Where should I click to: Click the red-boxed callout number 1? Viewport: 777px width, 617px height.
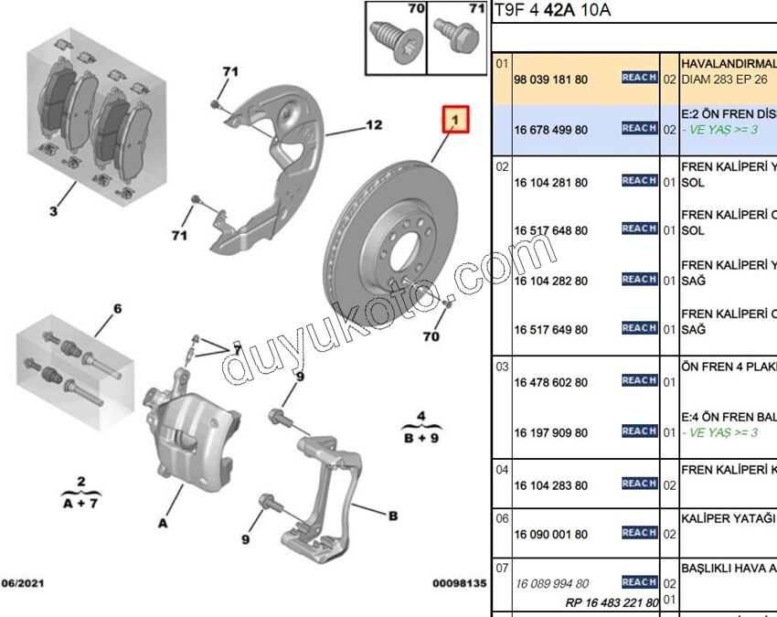(455, 119)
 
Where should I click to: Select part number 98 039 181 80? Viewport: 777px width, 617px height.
(550, 80)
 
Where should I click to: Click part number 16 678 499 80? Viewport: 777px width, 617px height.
(550, 130)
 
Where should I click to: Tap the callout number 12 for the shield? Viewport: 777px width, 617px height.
(373, 125)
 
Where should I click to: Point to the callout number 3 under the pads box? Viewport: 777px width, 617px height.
(53, 213)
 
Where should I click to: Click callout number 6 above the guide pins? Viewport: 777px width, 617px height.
(117, 309)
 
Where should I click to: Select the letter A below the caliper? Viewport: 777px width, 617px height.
(162, 524)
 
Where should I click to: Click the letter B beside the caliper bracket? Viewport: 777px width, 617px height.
(393, 516)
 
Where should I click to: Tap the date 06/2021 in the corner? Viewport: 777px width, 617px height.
(23, 582)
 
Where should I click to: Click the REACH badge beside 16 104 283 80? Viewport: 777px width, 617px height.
(639, 484)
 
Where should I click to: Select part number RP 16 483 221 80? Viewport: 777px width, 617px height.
(612, 602)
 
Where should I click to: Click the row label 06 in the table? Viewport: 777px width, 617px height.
(502, 518)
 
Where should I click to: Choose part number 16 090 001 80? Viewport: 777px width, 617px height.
(550, 534)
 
